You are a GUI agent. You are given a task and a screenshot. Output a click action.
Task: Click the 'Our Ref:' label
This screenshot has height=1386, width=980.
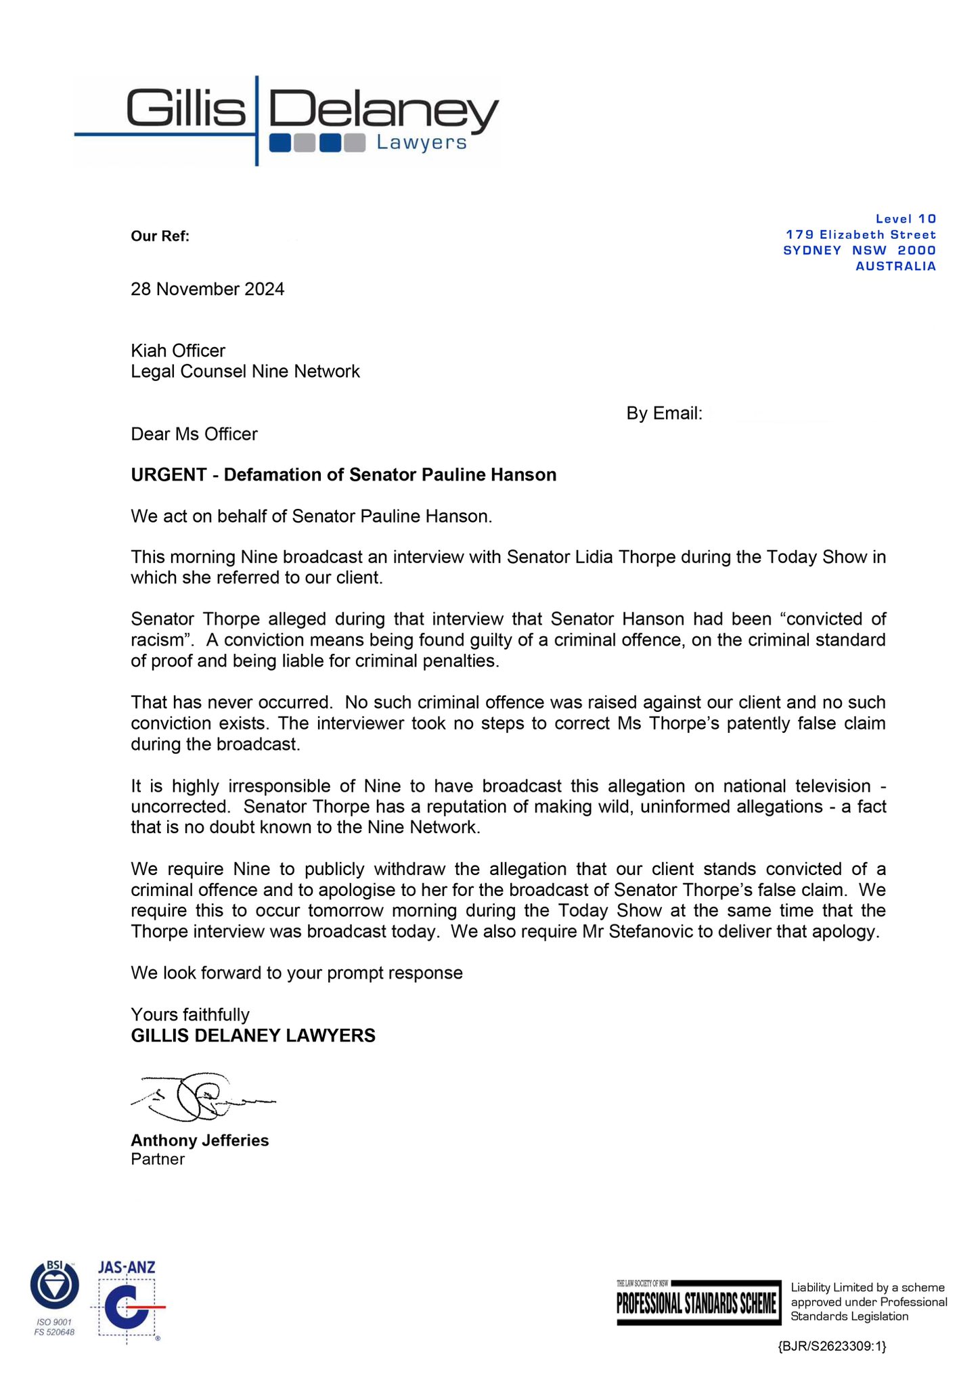coord(160,236)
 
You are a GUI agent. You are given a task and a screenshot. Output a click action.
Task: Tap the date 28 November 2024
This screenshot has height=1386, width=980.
coord(208,290)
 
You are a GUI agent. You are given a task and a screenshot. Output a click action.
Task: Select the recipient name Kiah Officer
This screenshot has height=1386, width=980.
coord(178,351)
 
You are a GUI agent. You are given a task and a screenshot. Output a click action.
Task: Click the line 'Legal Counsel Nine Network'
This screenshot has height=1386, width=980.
coord(245,372)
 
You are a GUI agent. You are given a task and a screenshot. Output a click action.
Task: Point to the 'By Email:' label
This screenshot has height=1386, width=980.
coord(664,413)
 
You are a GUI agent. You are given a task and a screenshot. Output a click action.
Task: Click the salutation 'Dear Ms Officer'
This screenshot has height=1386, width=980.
coord(194,434)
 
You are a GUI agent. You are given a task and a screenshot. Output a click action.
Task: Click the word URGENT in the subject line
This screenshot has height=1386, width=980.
coord(169,475)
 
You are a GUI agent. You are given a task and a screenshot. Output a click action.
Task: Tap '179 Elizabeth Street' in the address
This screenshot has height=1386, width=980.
coord(860,235)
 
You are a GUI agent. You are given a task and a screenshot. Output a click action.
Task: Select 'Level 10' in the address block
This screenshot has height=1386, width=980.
coord(906,219)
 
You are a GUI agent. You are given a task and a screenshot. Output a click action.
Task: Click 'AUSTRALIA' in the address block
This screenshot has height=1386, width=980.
coord(895,266)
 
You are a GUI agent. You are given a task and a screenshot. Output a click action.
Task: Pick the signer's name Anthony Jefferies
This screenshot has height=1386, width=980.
coord(200,1140)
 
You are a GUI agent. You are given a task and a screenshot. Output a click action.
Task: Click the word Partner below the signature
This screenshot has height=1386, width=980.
coord(158,1159)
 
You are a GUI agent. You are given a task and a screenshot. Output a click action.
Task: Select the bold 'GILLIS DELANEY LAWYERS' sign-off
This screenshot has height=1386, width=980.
coord(253,1035)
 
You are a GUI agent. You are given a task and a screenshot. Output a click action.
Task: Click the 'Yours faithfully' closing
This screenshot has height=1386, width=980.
coord(190,1014)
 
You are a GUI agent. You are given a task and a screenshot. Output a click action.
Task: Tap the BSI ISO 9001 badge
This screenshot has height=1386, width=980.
coord(55,1298)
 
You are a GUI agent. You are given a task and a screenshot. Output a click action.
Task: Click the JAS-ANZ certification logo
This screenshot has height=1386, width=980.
coord(128,1303)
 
